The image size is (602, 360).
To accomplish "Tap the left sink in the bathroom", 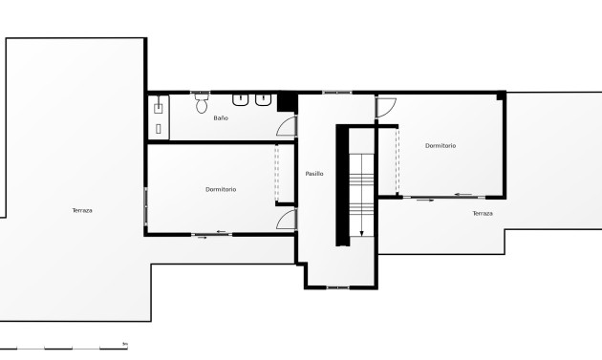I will click(241, 98).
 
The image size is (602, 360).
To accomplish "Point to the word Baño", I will click(221, 117).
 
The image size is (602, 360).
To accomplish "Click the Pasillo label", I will click(314, 174).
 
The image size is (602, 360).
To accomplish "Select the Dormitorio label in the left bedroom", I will click(221, 189).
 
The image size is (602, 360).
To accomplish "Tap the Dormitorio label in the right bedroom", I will click(441, 145).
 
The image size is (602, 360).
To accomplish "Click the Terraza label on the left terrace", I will click(82, 210).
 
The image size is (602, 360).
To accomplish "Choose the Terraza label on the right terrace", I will click(483, 214).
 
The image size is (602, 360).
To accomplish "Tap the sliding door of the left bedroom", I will click(212, 234).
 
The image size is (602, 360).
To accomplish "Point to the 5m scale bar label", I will click(124, 343).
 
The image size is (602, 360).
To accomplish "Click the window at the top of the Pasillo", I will click(336, 93).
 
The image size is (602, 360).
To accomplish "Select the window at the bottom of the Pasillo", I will click(338, 286).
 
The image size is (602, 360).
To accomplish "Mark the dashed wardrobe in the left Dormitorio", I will click(278, 171).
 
